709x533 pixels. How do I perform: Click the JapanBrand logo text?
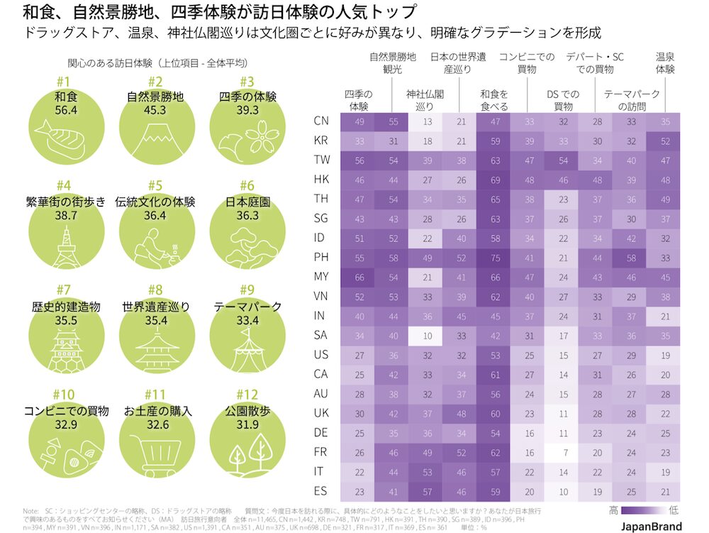pyautogui.click(x=651, y=526)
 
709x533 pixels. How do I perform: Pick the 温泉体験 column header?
pyautogui.click(x=664, y=63)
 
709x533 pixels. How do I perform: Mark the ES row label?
pyautogui.click(x=320, y=489)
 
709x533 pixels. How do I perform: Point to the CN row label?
pyautogui.click(x=320, y=121)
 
